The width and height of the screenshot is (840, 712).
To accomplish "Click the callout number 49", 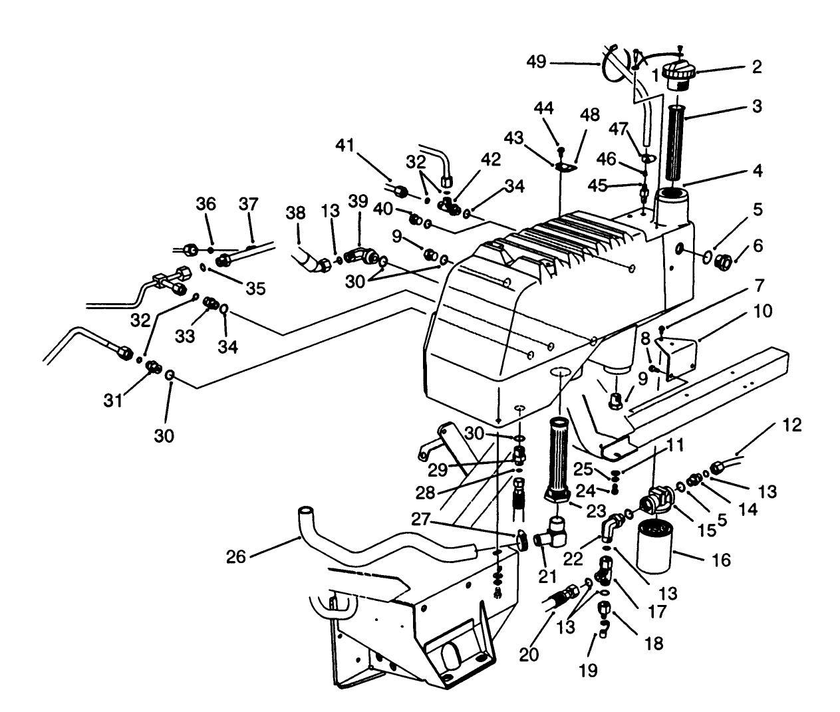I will pyautogui.click(x=536, y=62).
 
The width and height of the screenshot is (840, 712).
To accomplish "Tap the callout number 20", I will pyautogui.click(x=529, y=654).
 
